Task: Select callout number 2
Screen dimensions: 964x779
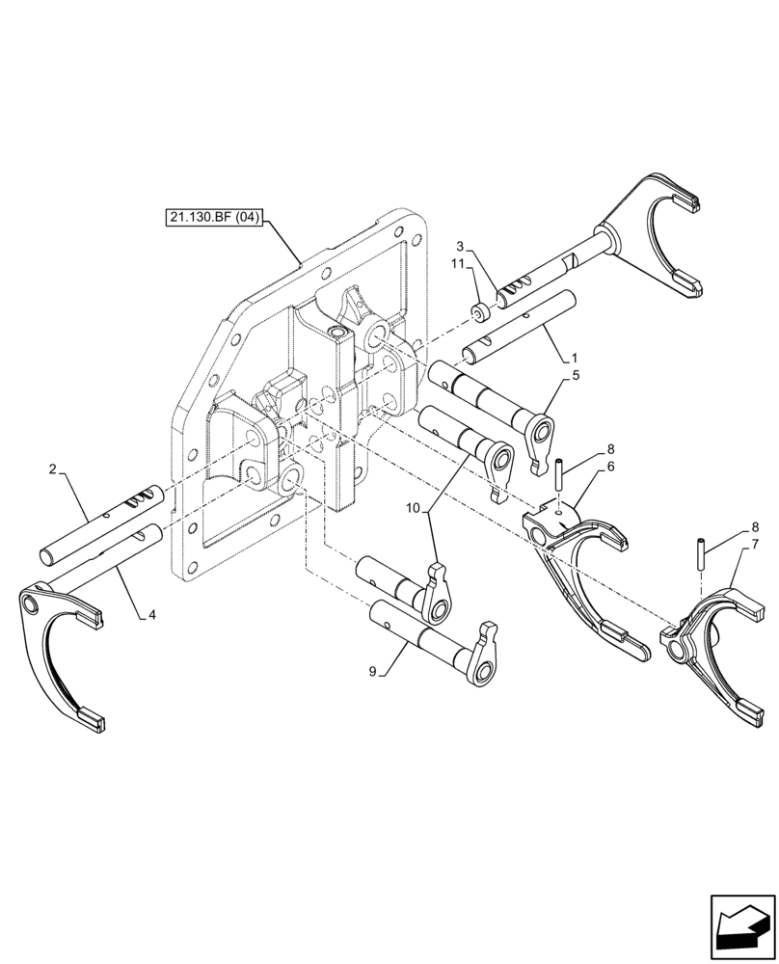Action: pos(55,469)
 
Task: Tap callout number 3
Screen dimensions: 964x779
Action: pos(460,246)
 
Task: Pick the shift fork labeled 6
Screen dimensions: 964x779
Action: pos(578,569)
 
